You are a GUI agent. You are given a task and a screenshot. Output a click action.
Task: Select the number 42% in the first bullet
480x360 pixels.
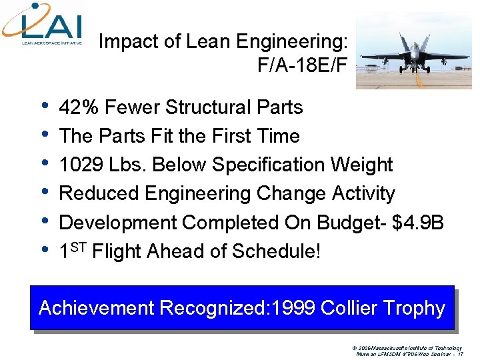click(78, 107)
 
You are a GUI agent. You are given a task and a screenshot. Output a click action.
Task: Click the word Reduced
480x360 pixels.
click(99, 193)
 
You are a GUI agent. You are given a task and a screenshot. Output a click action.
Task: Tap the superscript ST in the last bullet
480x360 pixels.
click(78, 247)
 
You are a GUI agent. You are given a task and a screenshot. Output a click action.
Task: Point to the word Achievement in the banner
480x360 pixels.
click(96, 308)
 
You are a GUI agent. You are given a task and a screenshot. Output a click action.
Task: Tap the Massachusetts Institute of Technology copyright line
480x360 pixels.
click(410, 348)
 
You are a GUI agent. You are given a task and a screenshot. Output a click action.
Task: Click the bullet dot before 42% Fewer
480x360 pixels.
click(45, 105)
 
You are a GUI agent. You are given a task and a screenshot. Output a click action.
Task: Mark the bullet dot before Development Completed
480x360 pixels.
click(45, 221)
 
